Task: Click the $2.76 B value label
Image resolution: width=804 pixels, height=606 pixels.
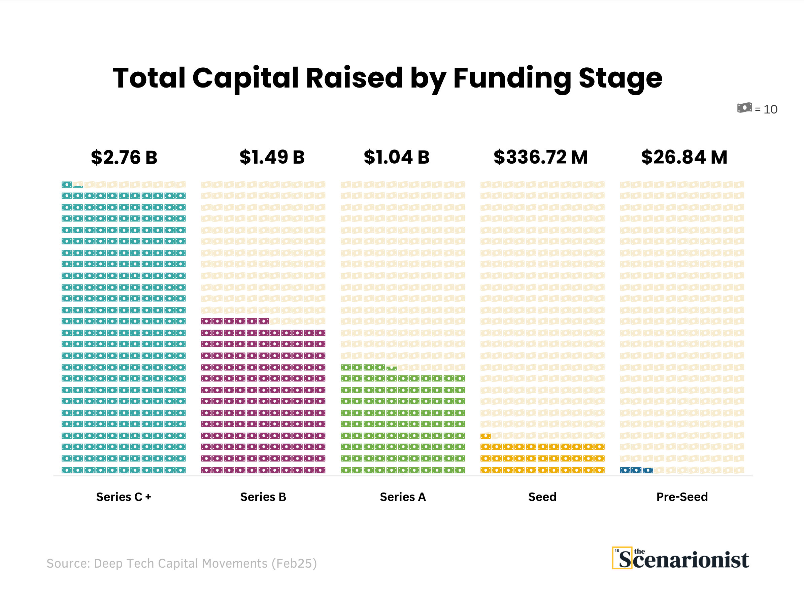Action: point(124,158)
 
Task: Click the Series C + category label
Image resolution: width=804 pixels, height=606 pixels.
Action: point(124,497)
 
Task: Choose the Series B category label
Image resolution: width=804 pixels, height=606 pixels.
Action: point(263,497)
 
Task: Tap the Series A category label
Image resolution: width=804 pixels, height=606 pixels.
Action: point(403,497)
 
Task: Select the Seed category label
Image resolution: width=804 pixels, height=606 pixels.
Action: point(542,497)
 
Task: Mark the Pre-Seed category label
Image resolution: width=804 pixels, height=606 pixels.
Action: point(682,497)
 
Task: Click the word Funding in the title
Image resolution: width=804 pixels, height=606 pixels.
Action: point(512,78)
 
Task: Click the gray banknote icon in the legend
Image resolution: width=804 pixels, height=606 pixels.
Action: point(744,108)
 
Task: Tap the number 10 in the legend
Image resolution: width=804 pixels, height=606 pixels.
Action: point(770,109)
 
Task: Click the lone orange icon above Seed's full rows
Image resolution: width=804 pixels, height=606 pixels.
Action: point(485,436)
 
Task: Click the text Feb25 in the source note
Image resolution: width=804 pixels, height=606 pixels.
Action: point(294,563)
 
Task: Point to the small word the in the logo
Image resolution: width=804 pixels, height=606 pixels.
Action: point(639,551)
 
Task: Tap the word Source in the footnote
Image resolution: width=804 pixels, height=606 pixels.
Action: point(68,563)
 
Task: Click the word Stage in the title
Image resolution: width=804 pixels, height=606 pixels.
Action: point(621,78)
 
